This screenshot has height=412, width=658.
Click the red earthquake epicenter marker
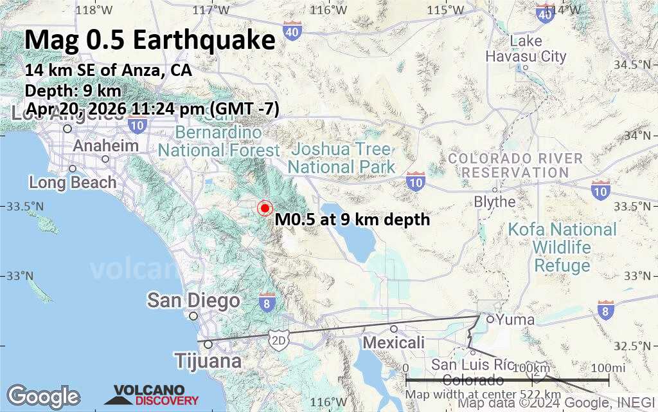(264, 209)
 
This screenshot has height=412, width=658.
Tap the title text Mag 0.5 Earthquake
(150, 41)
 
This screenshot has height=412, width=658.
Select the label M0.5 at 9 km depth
(352, 220)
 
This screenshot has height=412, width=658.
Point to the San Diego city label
(193, 301)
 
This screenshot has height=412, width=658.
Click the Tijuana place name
(208, 361)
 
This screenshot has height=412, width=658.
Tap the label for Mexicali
(394, 342)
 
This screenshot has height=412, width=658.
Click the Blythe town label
(495, 201)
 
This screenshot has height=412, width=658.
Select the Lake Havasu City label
(526, 49)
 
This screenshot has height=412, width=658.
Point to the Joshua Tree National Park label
(341, 158)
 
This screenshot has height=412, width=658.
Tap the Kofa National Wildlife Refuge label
(562, 247)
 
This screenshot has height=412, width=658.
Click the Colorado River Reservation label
(515, 165)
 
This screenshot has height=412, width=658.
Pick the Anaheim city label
(105, 146)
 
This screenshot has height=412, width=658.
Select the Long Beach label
(73, 182)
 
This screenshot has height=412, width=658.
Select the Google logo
(43, 396)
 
